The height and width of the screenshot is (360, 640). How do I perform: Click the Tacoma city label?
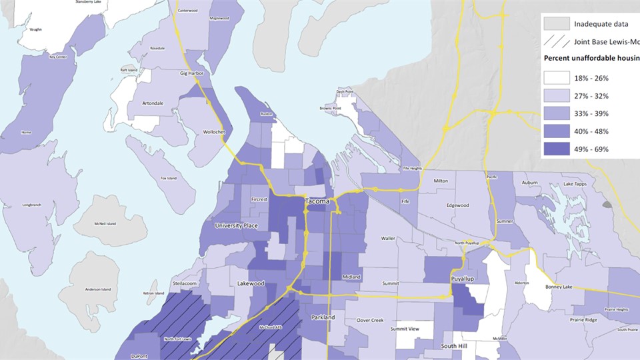click(x=317, y=201)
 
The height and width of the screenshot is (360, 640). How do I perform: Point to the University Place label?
click(x=236, y=226)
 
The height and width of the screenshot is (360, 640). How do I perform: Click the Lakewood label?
click(x=251, y=283)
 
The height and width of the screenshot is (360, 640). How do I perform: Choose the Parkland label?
click(x=322, y=317)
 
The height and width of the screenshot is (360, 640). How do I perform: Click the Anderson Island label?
click(x=97, y=289)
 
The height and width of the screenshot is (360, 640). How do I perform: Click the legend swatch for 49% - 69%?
click(x=556, y=149)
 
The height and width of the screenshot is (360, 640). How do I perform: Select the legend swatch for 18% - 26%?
click(x=556, y=78)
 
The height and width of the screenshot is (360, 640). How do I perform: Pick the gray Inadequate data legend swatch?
click(x=556, y=24)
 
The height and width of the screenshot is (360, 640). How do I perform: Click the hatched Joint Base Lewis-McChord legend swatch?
click(x=556, y=42)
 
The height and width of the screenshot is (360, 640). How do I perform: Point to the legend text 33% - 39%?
click(x=591, y=113)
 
